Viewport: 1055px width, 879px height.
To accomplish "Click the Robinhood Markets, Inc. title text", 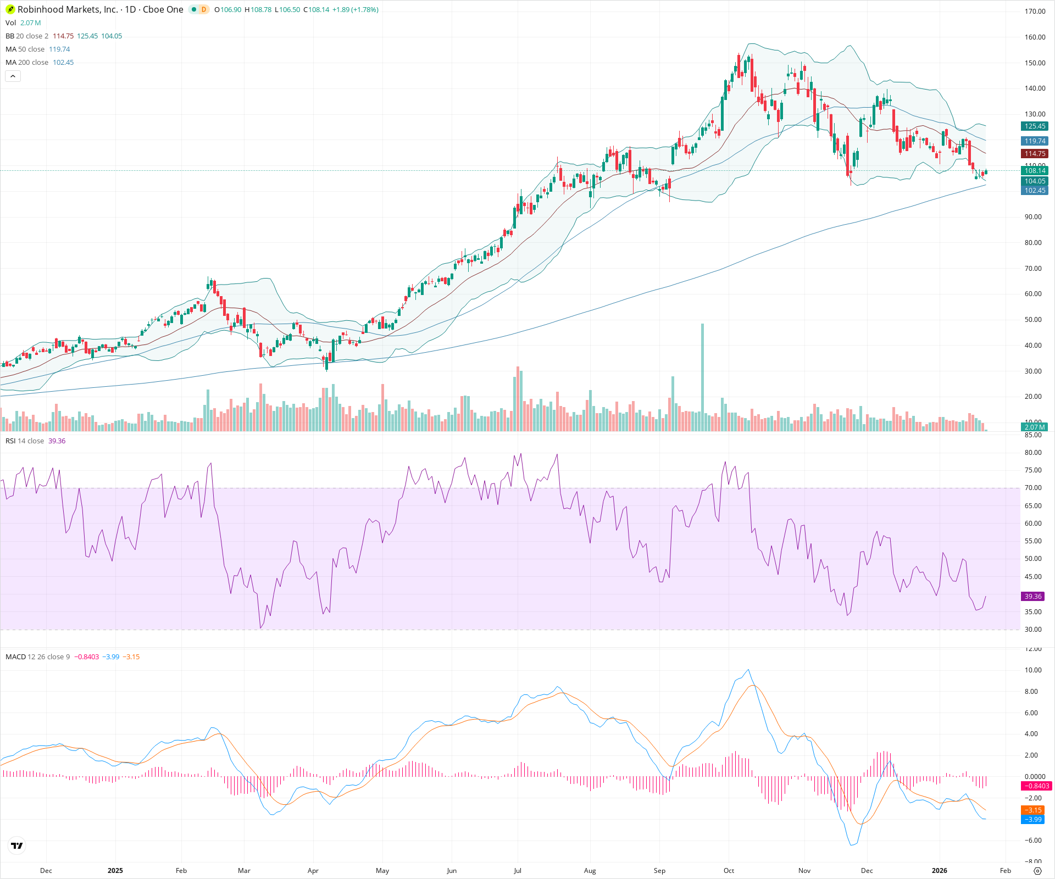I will [x=67, y=9].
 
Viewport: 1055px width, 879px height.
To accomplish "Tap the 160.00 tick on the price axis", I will [x=1035, y=37].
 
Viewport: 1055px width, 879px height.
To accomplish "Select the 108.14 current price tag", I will [x=1035, y=171].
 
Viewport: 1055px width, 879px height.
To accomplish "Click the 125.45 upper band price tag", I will [x=1035, y=126].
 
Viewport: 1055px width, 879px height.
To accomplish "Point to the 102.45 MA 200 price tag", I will [x=1035, y=191].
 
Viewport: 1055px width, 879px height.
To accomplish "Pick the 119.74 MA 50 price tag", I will [x=1035, y=141].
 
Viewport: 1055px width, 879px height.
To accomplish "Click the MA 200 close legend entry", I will [x=27, y=63].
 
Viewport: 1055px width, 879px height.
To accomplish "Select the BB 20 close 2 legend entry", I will [x=27, y=36].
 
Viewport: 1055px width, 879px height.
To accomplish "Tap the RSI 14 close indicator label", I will [x=25, y=441].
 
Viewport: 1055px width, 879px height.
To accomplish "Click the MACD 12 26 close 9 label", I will [x=37, y=657].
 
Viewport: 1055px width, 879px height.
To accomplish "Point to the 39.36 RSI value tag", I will [x=1032, y=597].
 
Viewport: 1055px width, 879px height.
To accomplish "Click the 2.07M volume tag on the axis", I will [x=1034, y=427].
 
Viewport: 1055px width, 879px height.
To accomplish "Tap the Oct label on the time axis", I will [x=729, y=871].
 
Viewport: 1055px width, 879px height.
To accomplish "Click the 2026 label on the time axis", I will [x=940, y=871].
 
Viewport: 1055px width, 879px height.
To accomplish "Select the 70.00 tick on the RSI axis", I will [x=1033, y=488].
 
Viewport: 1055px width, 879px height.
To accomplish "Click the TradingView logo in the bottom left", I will [x=17, y=846].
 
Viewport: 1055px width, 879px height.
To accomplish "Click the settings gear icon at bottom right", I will [x=1037, y=871].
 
